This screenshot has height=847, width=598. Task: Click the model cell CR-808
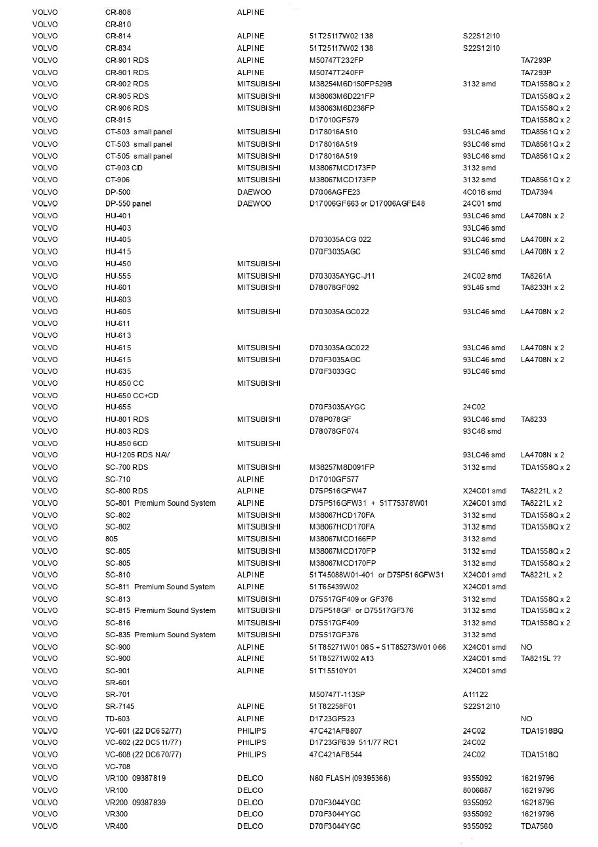[x=118, y=12]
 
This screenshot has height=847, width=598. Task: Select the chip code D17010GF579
[x=334, y=120]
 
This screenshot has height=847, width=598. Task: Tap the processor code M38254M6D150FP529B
[x=351, y=84]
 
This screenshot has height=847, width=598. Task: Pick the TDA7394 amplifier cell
[x=536, y=192]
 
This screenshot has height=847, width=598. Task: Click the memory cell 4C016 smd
[x=481, y=192]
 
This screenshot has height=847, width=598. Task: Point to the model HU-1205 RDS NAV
[x=137, y=455]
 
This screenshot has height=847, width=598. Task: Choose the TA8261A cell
[x=536, y=276]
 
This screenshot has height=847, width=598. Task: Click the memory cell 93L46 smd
[x=481, y=287]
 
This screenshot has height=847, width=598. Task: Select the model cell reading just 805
[x=111, y=539]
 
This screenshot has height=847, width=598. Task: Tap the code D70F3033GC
[x=332, y=371]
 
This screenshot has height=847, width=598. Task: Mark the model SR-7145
[x=120, y=706]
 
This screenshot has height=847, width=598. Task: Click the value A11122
[x=475, y=694]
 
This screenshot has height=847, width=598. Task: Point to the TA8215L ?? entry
[x=541, y=658]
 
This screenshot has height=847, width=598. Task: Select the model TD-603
[x=118, y=718]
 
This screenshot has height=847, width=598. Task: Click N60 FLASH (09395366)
[x=350, y=778]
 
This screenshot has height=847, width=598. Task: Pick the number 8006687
[x=477, y=790]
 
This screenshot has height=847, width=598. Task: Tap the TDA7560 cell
[x=537, y=826]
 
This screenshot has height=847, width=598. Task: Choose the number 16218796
[x=537, y=803]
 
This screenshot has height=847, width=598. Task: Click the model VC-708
[x=118, y=766]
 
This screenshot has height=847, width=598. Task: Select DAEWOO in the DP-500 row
[x=254, y=192]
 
